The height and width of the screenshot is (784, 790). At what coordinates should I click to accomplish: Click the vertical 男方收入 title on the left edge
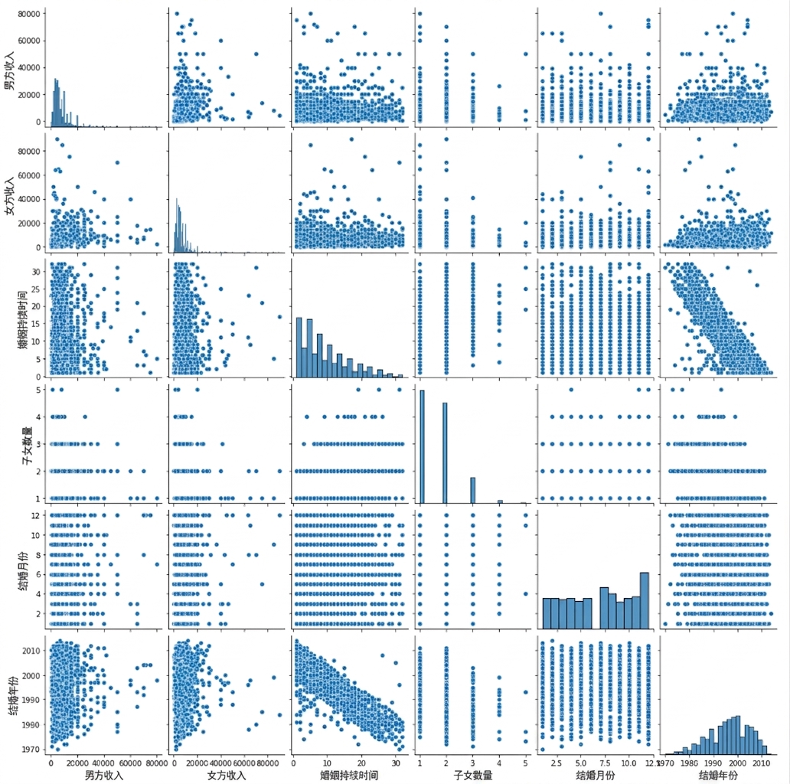10,70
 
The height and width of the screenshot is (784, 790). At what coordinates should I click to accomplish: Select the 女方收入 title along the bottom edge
227,775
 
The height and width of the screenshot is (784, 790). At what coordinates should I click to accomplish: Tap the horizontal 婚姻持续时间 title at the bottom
349,775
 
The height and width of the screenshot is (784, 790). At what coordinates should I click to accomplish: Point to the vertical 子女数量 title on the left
28,445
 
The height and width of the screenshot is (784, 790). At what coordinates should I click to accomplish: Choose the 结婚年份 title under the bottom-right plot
718,775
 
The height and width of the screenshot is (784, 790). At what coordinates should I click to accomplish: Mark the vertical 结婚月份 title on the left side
24,570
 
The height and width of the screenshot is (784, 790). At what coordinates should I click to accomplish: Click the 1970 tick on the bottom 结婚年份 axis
666,763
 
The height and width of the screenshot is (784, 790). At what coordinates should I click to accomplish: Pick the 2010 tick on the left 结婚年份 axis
31,651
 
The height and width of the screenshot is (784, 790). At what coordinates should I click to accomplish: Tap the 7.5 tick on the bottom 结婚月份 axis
605,763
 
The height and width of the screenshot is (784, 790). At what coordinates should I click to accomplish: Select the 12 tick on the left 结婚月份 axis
35,515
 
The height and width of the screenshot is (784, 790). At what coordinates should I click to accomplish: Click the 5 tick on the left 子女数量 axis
38,390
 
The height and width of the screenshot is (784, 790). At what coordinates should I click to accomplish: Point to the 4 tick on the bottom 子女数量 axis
499,763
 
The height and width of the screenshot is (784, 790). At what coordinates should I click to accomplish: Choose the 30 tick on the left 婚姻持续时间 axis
35,272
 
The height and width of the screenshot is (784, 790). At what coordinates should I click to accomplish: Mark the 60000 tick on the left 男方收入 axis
29,41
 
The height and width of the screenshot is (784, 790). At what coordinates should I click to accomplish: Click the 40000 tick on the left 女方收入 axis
29,199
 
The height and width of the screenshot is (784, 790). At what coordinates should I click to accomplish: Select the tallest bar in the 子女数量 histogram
422,446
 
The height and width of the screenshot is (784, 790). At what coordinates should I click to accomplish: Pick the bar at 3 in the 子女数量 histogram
472,490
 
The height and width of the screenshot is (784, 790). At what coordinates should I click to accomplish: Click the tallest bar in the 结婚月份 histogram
645,600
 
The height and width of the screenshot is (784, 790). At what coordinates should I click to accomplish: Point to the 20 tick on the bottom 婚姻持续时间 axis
362,763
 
